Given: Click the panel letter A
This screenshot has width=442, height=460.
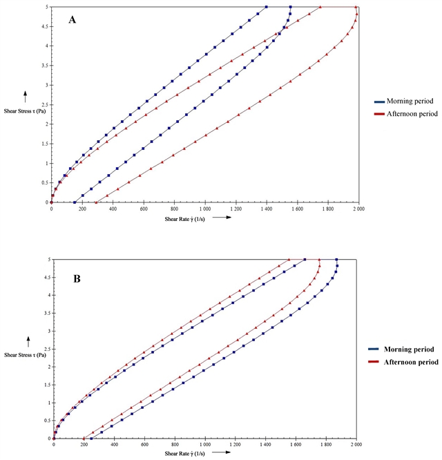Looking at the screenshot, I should point(72,19).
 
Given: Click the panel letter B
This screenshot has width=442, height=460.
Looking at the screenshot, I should point(77,280).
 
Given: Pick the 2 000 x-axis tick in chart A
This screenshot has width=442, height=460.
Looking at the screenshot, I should point(356,208).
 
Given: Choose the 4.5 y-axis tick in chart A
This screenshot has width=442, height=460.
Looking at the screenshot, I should point(46,27).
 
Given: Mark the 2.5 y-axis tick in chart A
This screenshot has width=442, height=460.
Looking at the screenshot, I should point(46,105).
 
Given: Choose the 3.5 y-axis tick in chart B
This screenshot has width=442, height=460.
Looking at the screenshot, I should point(48,313).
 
